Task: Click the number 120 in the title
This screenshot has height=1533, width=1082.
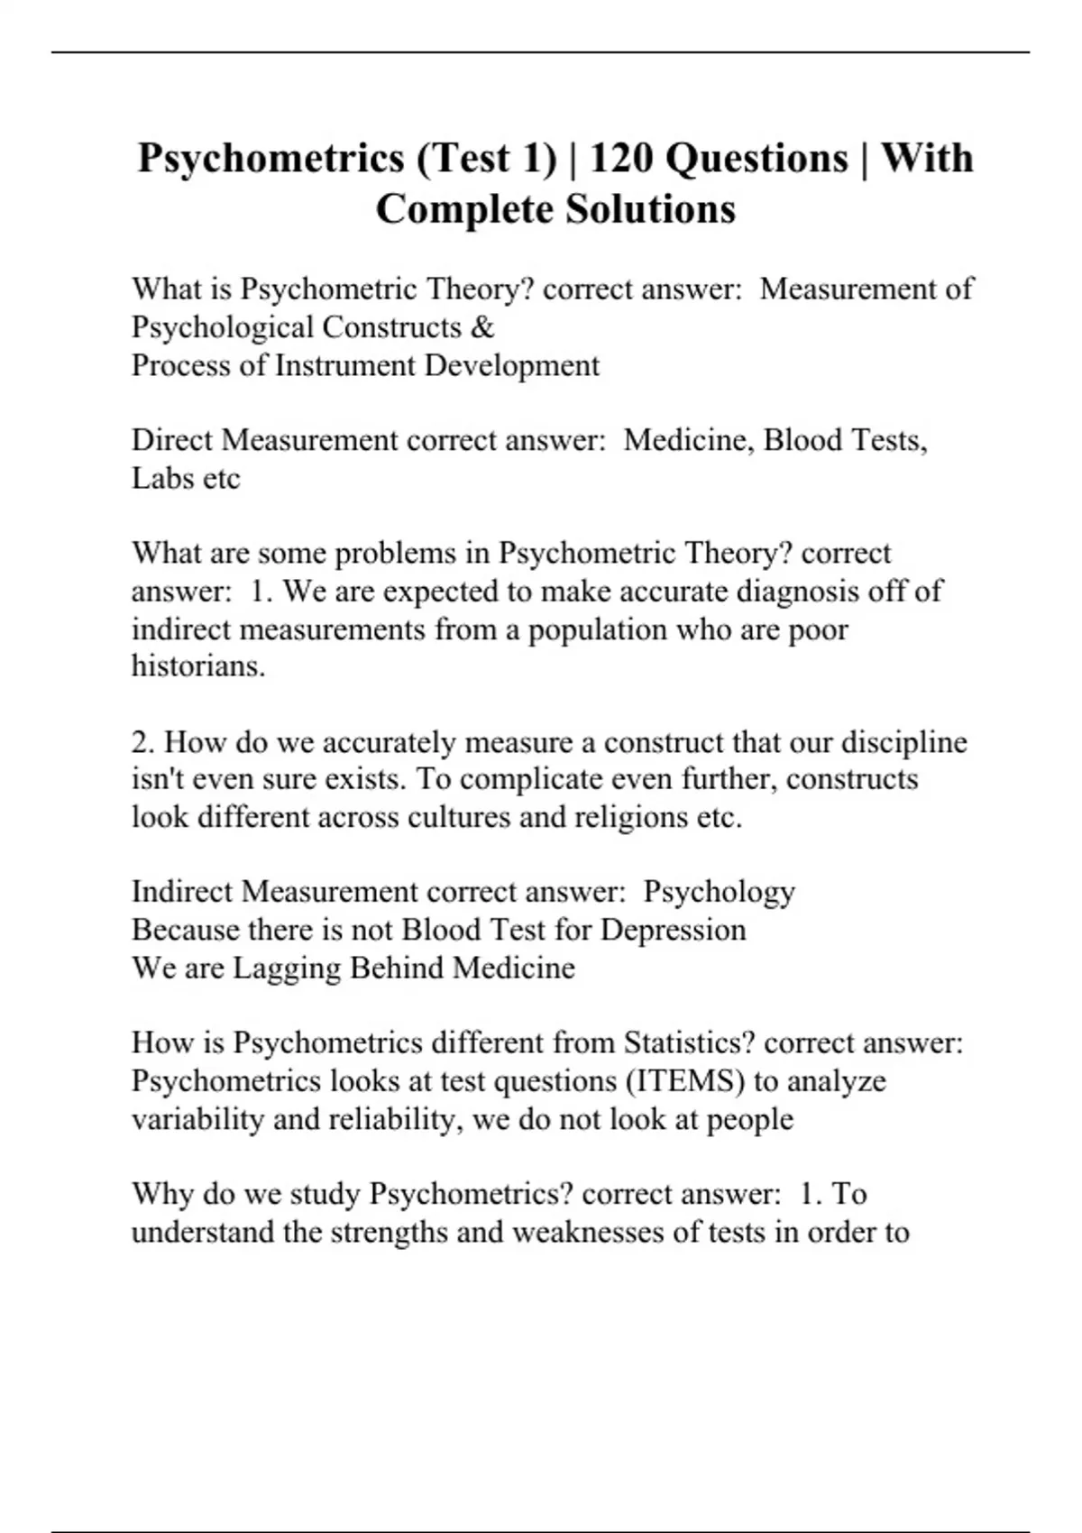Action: tap(622, 159)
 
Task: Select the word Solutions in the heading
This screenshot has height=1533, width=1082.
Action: tap(650, 210)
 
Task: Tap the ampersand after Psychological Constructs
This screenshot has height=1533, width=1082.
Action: tap(483, 327)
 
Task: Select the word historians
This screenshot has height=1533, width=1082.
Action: tap(198, 666)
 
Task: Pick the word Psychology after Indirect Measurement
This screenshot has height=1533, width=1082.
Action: tap(719, 892)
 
